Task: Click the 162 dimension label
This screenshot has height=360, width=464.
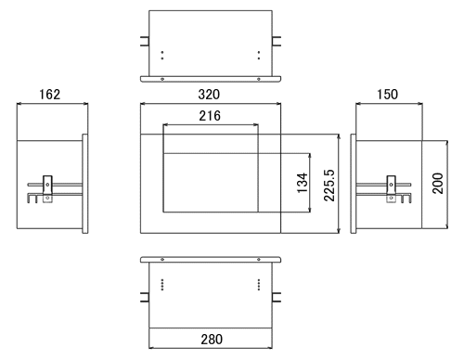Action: click(49, 94)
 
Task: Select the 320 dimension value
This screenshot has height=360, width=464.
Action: click(209, 94)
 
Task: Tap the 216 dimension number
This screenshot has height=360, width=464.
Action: click(210, 116)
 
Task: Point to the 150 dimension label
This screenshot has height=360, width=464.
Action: click(387, 94)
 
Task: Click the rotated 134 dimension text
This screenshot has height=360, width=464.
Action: click(303, 183)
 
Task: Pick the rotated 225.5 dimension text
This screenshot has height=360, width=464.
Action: click(329, 186)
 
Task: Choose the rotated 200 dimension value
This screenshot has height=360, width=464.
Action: click(437, 184)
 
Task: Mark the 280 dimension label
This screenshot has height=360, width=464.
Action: click(212, 340)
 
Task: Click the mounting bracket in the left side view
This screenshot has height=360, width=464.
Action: click(47, 189)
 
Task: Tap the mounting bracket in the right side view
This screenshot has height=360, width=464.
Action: click(392, 189)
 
